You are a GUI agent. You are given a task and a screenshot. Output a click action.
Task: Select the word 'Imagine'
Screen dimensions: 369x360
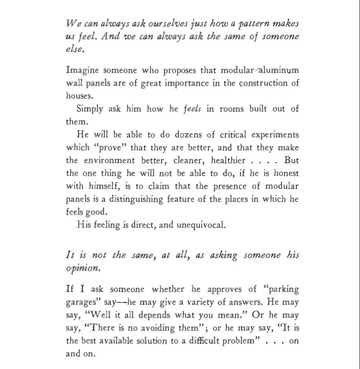click(x=82, y=71)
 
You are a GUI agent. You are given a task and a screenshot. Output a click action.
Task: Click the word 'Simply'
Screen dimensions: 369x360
click(x=91, y=109)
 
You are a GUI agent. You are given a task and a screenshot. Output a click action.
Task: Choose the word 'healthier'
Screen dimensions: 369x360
click(x=223, y=160)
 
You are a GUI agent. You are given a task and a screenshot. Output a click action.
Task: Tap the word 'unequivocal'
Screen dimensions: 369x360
click(x=200, y=225)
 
